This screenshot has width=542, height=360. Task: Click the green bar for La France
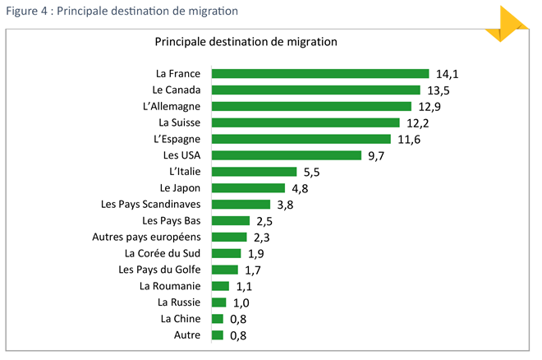pyautogui.click(x=320, y=74)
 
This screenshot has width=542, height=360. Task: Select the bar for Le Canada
pyautogui.click(x=315, y=90)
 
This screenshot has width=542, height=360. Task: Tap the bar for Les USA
pyautogui.click(x=286, y=155)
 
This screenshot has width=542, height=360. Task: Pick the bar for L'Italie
pyautogui.click(x=254, y=172)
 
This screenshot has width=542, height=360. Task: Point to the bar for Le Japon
pyautogui.click(x=248, y=188)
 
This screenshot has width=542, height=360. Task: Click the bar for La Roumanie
pyautogui.click(x=220, y=286)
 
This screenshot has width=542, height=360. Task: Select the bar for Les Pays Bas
pyautogui.click(x=231, y=220)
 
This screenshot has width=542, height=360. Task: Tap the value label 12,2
pyautogui.click(x=419, y=123)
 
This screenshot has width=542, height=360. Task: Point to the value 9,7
pyautogui.click(x=377, y=155)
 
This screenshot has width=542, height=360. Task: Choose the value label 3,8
pyautogui.click(x=285, y=205)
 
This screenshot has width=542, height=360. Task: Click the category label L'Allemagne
pyautogui.click(x=171, y=107)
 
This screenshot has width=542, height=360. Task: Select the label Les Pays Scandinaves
pyautogui.click(x=150, y=205)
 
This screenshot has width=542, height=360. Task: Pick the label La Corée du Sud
pyautogui.click(x=162, y=253)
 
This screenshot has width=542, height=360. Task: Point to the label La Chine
pyautogui.click(x=180, y=319)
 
